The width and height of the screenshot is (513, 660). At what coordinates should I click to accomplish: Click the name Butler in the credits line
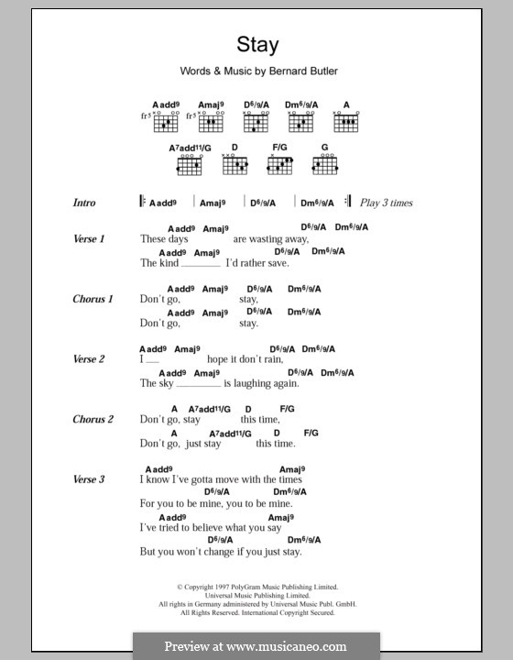tap(321, 71)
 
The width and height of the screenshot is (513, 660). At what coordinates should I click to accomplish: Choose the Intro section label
tap(84, 203)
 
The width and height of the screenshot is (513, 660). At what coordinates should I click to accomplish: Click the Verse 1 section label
tap(89, 238)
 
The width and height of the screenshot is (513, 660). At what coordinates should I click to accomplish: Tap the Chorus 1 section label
tap(93, 299)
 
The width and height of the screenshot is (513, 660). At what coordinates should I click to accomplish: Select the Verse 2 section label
tap(89, 359)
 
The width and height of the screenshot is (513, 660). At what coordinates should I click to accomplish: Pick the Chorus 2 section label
tap(93, 419)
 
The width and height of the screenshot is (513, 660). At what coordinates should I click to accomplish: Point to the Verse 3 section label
tap(89, 479)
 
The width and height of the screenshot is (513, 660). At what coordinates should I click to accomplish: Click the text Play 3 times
tap(387, 203)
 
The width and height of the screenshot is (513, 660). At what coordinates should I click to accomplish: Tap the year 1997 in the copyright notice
tap(221, 586)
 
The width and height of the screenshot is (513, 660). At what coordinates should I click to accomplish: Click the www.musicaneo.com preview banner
tap(256, 645)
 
